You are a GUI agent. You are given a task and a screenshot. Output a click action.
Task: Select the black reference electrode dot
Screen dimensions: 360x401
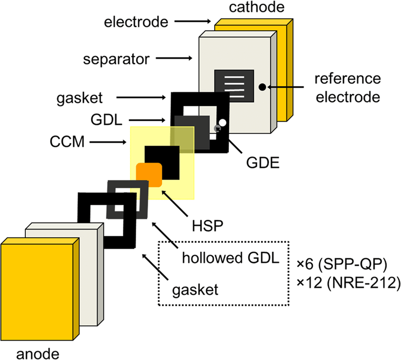pyautogui.click(x=261, y=87)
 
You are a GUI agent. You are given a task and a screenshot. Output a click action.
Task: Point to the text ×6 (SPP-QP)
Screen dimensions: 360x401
pyautogui.click(x=345, y=264)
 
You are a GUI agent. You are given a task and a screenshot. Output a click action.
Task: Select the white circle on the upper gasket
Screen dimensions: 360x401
pyautogui.click(x=222, y=123)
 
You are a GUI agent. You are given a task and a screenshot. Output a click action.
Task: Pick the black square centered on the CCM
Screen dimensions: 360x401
pyautogui.click(x=161, y=161)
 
